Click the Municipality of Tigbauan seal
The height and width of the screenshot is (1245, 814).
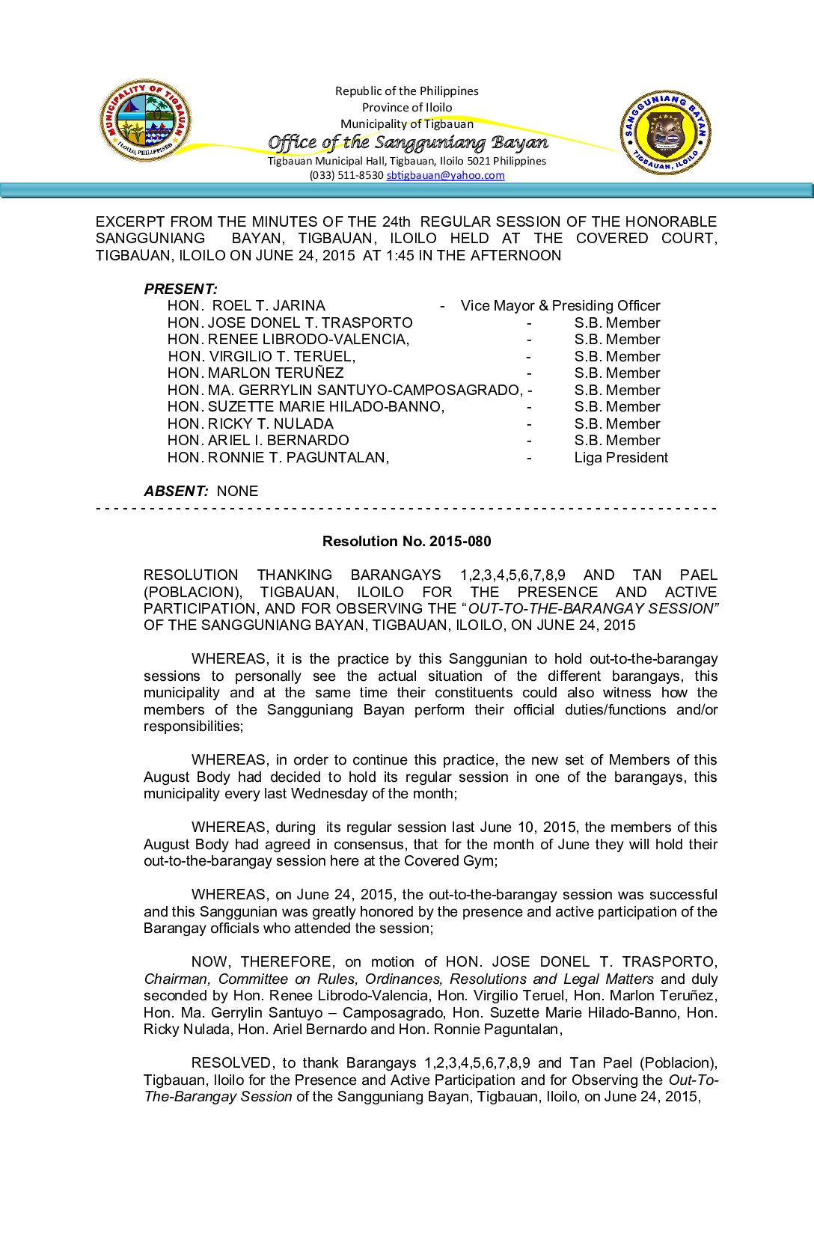[x=145, y=121]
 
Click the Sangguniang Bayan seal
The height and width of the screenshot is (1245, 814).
[x=666, y=133]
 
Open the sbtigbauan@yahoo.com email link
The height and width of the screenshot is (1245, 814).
[x=445, y=176]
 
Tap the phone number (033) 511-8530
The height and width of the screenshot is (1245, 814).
[x=346, y=176]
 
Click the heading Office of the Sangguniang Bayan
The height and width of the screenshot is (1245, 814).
[x=407, y=142]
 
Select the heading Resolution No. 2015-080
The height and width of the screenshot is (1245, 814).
[x=406, y=541]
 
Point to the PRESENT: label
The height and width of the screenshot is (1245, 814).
[x=180, y=289]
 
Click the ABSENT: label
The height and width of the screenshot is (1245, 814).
[x=176, y=492]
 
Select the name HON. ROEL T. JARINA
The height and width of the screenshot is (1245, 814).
[x=246, y=306]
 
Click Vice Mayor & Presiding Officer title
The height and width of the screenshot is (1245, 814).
[x=560, y=306]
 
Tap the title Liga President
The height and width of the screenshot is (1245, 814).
[x=621, y=458]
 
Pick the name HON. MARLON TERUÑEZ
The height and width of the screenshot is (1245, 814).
[x=255, y=373]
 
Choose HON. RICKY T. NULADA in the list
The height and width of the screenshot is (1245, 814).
[x=250, y=424]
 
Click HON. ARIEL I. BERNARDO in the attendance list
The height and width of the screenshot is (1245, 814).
[x=258, y=441]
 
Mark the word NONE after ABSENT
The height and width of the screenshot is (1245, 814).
[x=237, y=492]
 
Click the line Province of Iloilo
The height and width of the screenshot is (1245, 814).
[x=407, y=108]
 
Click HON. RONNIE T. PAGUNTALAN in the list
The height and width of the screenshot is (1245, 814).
[x=278, y=458]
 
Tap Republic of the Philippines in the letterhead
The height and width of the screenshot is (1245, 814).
[x=407, y=91]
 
